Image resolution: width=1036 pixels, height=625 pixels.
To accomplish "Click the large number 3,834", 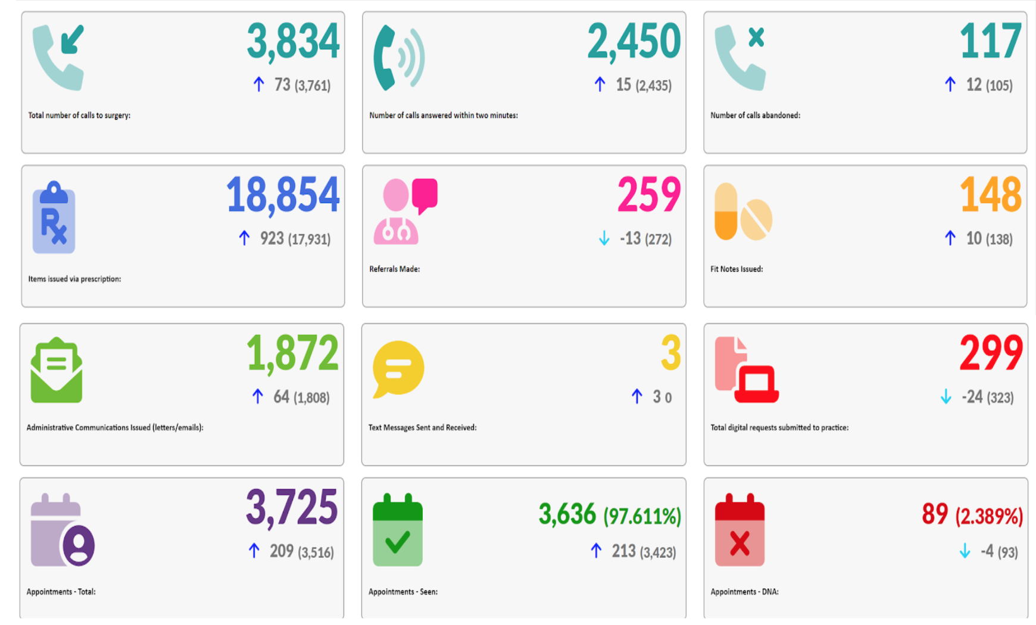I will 293,42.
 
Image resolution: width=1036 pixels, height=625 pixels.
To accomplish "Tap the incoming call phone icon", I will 58,57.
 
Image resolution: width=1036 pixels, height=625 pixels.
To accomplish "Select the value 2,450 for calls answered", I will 634,42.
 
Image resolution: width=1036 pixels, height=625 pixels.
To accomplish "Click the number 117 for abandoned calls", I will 990,42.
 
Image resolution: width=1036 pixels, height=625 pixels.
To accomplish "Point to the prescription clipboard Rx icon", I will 54,218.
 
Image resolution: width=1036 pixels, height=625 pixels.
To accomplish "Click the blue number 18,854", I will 283,195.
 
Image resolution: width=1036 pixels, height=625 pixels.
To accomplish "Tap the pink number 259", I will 649,195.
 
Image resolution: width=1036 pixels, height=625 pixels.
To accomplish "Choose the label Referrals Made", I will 394,269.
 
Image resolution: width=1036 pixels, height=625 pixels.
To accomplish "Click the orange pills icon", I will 742,212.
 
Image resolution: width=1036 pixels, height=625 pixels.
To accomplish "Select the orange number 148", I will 990,195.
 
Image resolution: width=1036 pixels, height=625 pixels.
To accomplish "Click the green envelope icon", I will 57,370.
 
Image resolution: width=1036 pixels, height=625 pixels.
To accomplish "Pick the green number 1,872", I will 292,354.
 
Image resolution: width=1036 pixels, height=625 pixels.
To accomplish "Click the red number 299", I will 991,354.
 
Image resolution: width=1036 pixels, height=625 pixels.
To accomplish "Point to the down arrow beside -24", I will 945,396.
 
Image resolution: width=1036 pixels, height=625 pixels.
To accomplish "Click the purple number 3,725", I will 292,508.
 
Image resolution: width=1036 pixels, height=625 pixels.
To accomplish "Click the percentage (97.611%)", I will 642,516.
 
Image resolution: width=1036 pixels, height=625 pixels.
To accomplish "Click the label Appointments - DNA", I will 744,592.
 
